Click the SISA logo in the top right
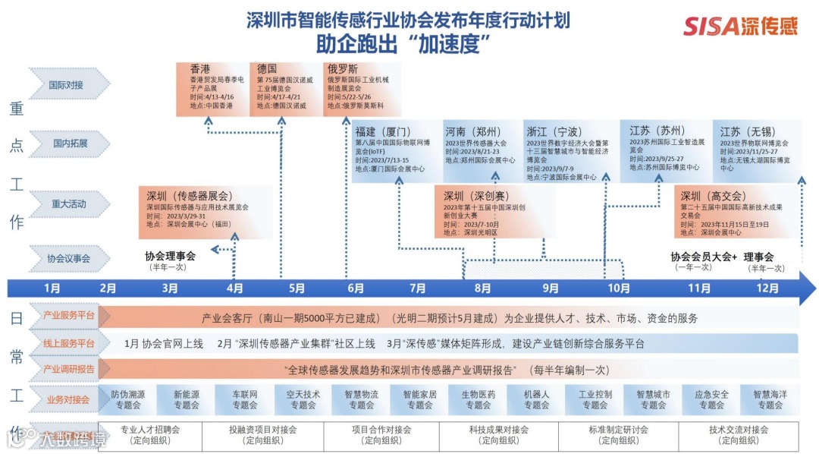tap(740, 26)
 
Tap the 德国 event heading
tap(267, 69)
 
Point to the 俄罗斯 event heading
tap(343, 69)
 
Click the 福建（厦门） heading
tap(383, 131)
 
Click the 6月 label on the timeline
tap(355, 288)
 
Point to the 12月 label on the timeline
tap(767, 288)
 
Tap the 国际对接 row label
tap(67, 85)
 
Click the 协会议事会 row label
tap(68, 258)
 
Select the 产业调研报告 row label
tap(67, 369)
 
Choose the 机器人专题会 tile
tap(536, 399)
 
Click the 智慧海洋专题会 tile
tap(770, 399)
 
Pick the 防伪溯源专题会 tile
tap(127, 399)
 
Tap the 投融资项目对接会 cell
tap(263, 434)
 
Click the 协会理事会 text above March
tap(170, 256)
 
